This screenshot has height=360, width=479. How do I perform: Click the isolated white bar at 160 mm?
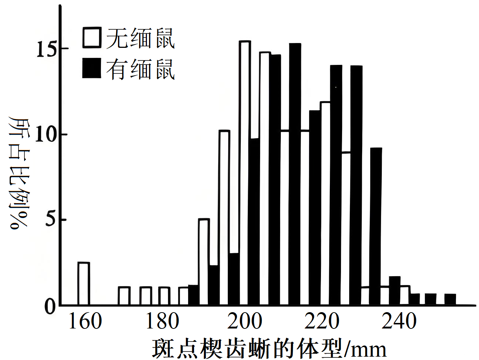pos(84,284)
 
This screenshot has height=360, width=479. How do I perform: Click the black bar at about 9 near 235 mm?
pos(376,226)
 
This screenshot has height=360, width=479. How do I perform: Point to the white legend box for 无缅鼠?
pos(92,37)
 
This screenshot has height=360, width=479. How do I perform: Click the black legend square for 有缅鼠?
pos(92,68)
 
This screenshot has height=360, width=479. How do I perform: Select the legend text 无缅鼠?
pos(141,38)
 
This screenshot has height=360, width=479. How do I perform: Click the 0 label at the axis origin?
pos(50,306)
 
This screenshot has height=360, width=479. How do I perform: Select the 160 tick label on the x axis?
pos(85,321)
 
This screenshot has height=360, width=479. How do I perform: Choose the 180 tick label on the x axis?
pos(162,321)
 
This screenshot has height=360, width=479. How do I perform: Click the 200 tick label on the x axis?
pos(245,321)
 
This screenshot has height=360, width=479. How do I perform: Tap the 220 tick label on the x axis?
pos(322,321)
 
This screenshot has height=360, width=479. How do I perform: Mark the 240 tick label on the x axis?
pos(399,321)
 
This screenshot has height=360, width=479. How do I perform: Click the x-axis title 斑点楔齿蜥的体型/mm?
pos(269,349)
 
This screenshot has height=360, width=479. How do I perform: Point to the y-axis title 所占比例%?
pos(19,172)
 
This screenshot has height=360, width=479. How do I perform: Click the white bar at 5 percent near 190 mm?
pos(204,262)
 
